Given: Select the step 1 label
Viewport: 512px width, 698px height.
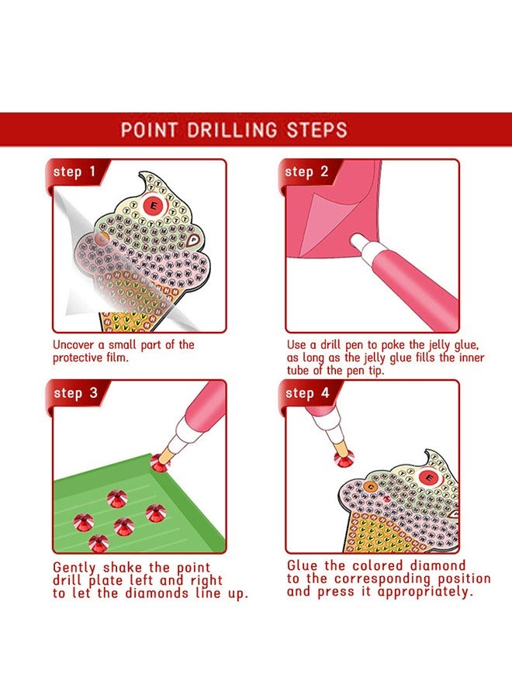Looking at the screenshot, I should (74, 171).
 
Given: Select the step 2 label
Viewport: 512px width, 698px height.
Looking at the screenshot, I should (307, 171).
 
